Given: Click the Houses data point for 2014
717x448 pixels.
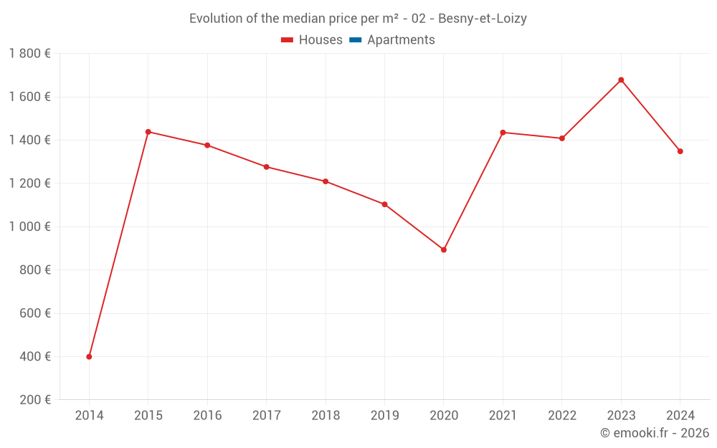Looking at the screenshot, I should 89,356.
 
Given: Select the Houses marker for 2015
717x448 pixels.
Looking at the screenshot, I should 148,132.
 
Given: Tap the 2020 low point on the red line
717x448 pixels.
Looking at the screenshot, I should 444,249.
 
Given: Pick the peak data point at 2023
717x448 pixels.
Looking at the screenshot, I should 621,80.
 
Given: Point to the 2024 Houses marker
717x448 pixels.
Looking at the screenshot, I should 680,151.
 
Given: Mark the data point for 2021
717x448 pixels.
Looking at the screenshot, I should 503,133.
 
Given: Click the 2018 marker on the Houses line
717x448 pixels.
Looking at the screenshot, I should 326,181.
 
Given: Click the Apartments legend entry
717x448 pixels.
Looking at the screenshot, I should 401,40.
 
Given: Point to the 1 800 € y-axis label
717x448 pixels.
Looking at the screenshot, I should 29,54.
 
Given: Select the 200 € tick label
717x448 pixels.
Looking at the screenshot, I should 34,400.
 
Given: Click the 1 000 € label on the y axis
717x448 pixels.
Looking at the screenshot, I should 29,227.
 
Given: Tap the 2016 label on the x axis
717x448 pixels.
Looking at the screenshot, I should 207,416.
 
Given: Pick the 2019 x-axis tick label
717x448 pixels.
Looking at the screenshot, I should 384,416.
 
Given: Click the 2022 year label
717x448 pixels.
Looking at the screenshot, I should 561,416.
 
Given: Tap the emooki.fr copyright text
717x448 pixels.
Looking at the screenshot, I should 655,433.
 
